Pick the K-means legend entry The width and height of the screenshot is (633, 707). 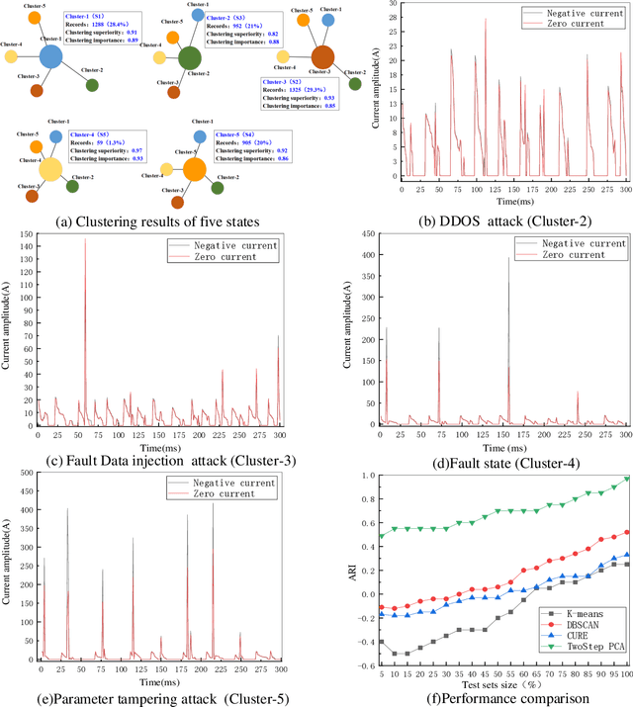[x=569, y=613]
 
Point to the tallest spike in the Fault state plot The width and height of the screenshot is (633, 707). [x=509, y=258]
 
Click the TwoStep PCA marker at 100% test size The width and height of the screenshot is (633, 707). [x=625, y=480]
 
